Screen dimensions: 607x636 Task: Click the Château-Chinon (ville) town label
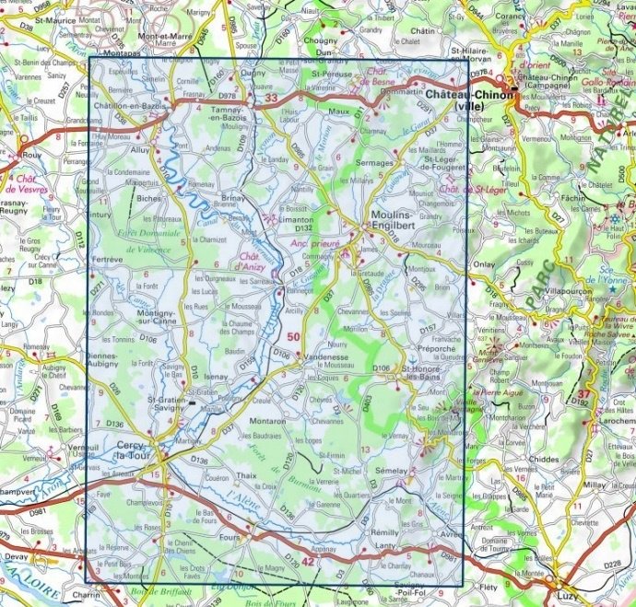[x=468, y=100]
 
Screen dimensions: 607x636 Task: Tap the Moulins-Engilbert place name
[x=400, y=219]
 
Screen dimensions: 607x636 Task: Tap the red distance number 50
[x=293, y=338]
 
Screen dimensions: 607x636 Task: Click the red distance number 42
[x=308, y=561]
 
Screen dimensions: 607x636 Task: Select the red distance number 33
[x=270, y=98]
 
